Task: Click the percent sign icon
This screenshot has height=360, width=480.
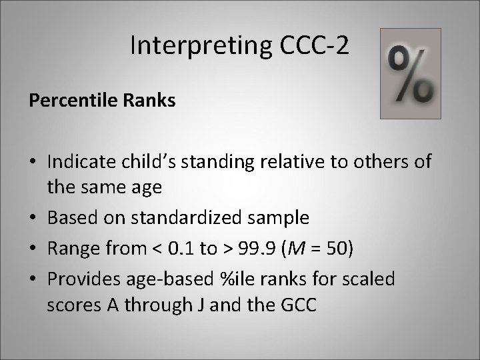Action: click(410, 73)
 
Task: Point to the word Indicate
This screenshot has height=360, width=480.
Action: click(80, 161)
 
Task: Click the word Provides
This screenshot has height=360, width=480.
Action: click(82, 278)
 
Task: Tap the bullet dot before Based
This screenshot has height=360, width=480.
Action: click(33, 218)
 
